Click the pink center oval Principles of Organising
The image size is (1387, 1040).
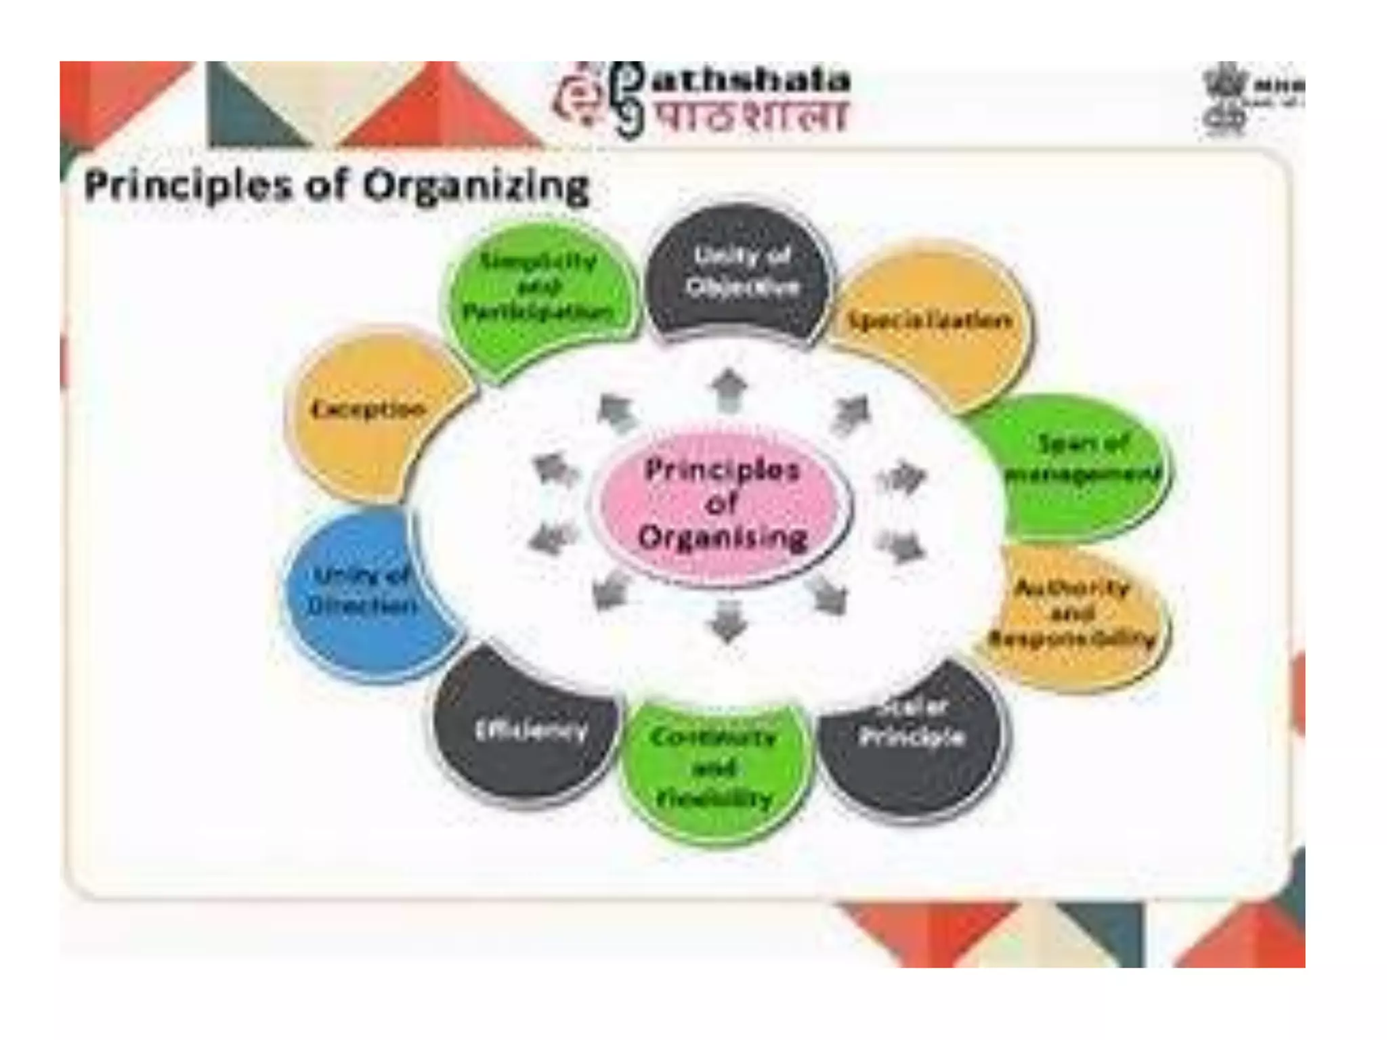(721, 504)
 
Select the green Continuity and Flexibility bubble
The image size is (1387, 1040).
(714, 768)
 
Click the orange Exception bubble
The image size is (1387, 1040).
(368, 410)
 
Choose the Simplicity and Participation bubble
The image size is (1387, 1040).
(538, 288)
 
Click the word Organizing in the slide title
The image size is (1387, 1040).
(477, 186)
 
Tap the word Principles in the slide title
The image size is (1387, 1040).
(187, 186)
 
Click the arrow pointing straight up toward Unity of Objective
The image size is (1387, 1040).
(729, 389)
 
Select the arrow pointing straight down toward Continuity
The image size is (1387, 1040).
(727, 620)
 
